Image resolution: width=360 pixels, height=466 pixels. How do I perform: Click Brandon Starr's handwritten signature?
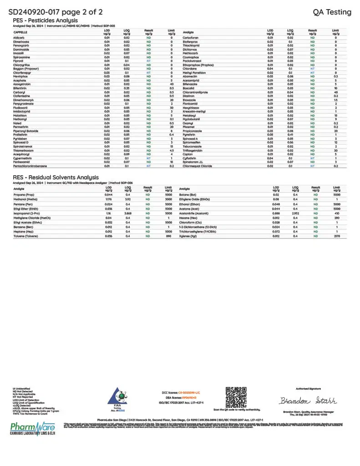pyautogui.click(x=308, y=400)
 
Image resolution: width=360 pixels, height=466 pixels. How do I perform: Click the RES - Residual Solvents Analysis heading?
pyautogui.click(x=56, y=177)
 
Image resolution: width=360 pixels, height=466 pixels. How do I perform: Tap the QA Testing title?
pyautogui.click(x=332, y=12)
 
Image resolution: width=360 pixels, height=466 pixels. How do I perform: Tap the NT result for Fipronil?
pyautogui.click(x=149, y=61)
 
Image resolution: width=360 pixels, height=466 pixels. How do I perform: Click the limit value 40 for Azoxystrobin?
pyautogui.click(x=172, y=84)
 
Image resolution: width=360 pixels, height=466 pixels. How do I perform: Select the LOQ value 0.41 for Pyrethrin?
pyautogui.click(x=290, y=135)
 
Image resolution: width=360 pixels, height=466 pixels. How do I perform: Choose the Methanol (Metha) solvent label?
pyautogui.click(x=25, y=199)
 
